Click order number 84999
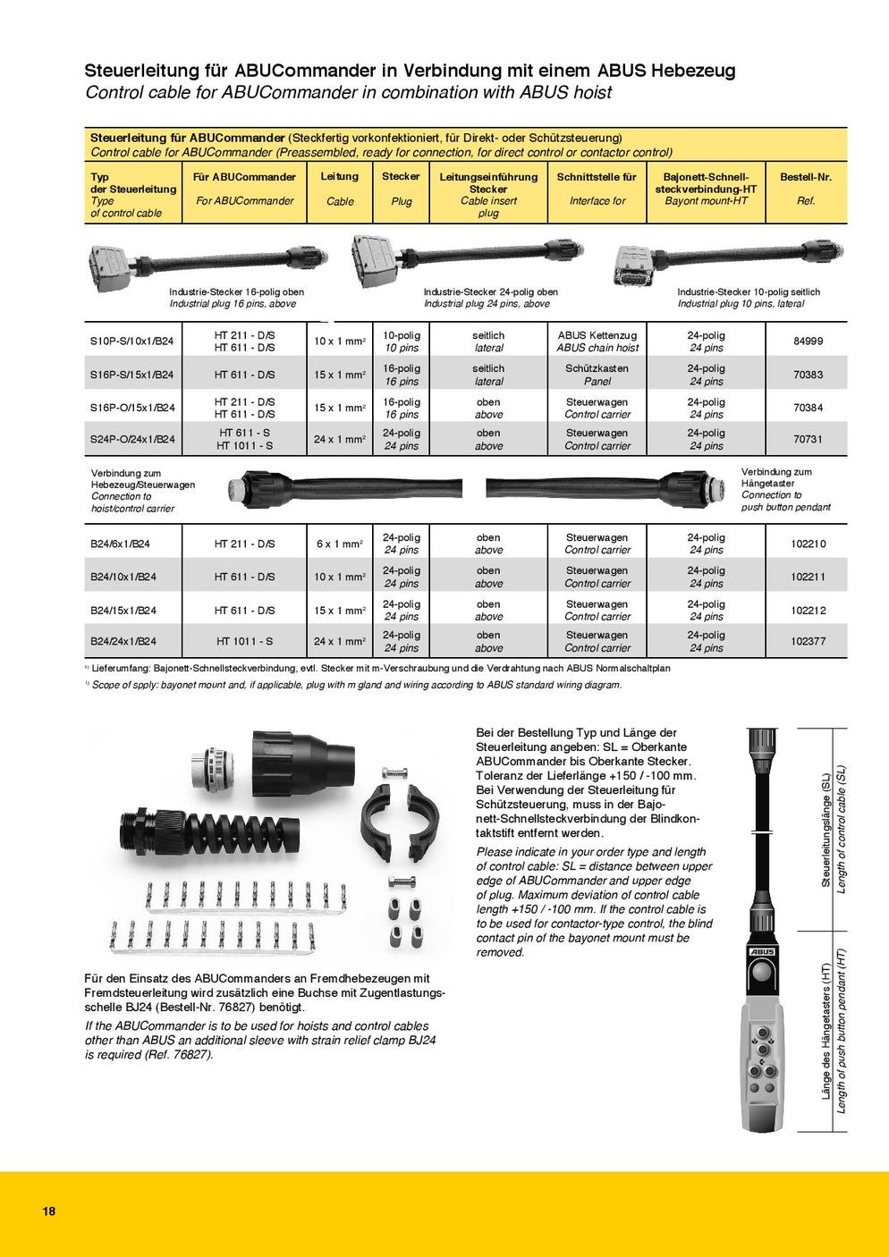(x=808, y=341)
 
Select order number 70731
(x=808, y=439)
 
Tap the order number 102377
(x=808, y=641)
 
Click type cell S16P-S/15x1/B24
(x=132, y=375)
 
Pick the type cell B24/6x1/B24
(x=123, y=544)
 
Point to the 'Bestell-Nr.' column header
(x=806, y=177)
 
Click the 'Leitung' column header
(x=340, y=177)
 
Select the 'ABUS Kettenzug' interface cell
(x=597, y=334)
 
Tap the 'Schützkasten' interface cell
(x=597, y=368)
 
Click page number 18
(x=48, y=1211)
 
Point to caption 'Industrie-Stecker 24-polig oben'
(x=491, y=291)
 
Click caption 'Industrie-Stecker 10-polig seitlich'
(x=749, y=291)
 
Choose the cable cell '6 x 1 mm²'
(x=340, y=544)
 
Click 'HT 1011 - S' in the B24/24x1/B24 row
(x=244, y=641)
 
